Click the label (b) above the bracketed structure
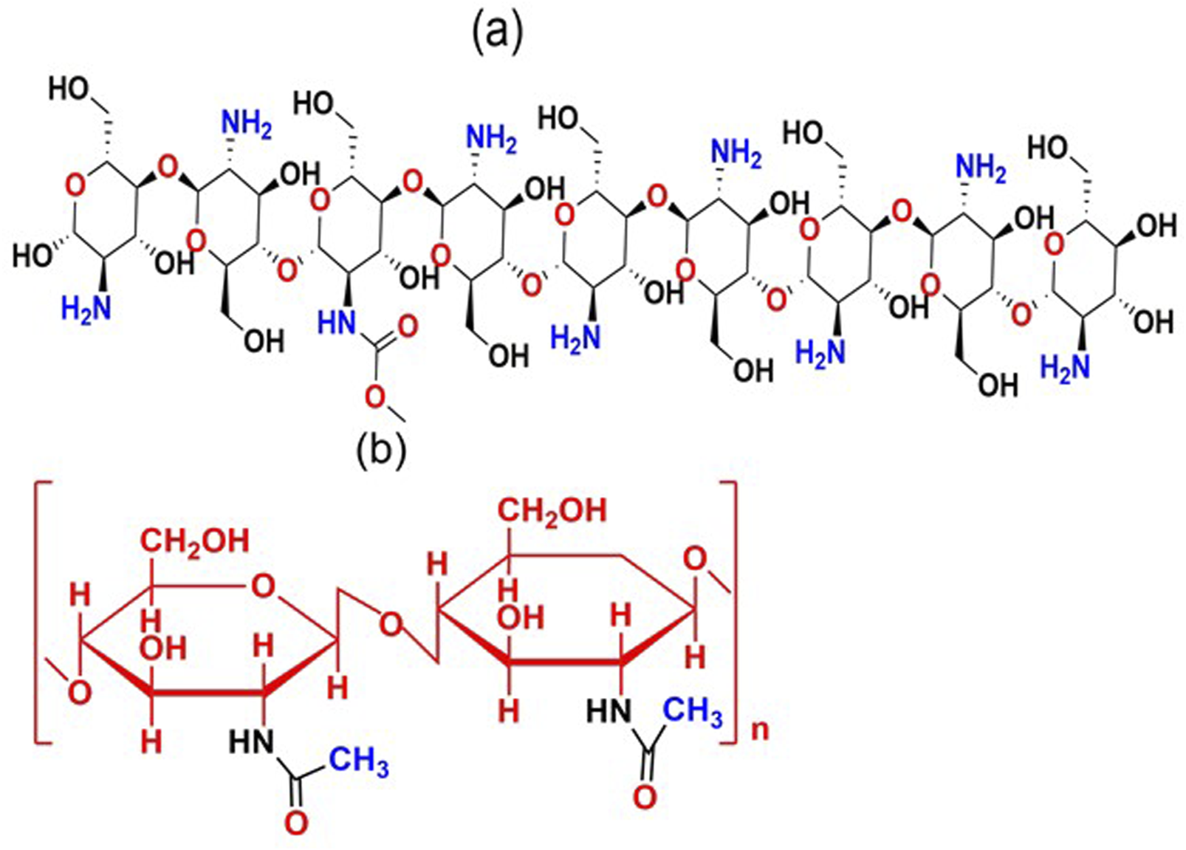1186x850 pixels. [x=381, y=451]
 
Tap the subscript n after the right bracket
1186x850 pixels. [x=759, y=729]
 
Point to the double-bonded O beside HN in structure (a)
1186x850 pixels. [x=408, y=325]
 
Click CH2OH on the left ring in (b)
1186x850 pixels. [x=196, y=541]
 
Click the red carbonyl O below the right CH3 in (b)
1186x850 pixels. [x=645, y=797]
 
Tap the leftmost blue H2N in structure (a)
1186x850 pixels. [x=86, y=307]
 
